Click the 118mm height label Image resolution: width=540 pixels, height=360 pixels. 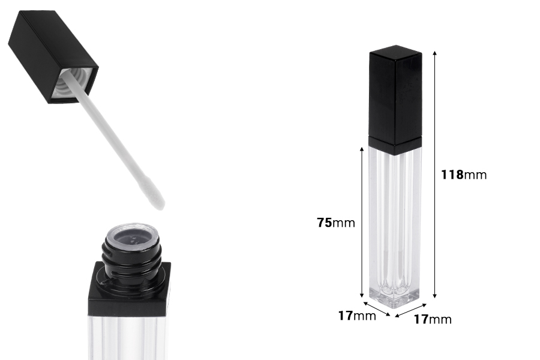[463, 175]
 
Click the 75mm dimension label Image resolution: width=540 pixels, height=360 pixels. [336, 223]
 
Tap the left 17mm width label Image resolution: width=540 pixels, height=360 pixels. [357, 316]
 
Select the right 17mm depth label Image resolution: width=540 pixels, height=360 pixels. [433, 319]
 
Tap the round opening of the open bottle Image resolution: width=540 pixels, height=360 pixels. [129, 235]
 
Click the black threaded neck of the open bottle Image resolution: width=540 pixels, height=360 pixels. [129, 258]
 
